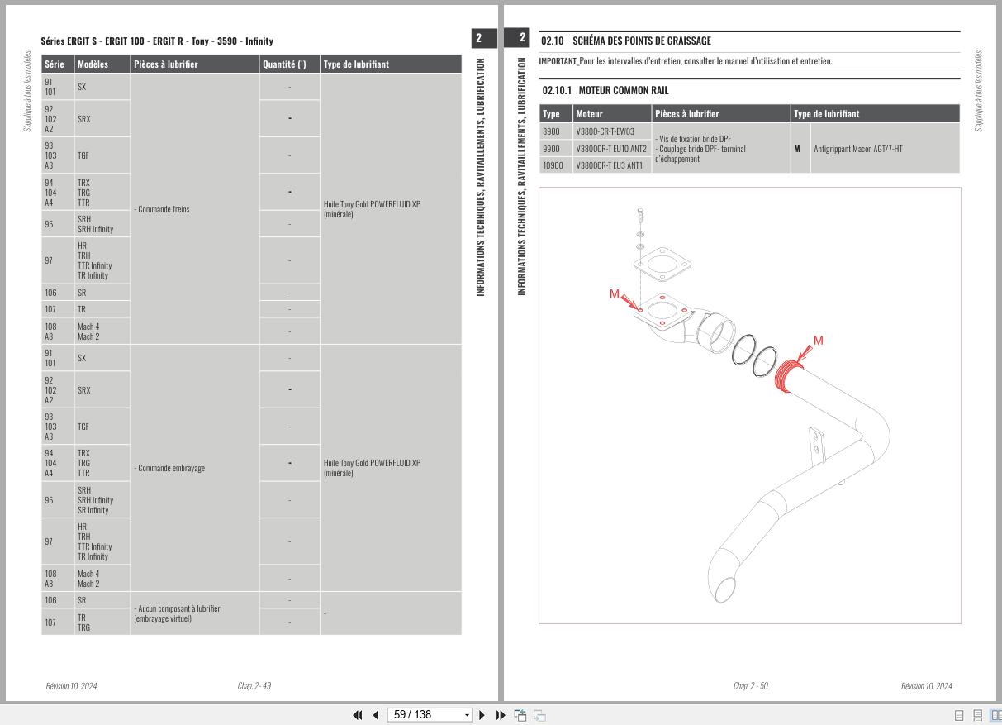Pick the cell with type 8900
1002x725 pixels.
tap(551, 131)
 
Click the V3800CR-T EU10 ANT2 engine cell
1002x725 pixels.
tap(611, 149)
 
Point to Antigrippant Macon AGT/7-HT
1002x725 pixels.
tap(857, 149)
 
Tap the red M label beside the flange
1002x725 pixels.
tap(615, 294)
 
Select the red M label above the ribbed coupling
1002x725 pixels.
tap(818, 341)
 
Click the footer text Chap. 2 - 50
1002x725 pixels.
tap(750, 685)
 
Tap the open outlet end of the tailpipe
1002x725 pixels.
tap(724, 589)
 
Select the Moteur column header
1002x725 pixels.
tap(590, 114)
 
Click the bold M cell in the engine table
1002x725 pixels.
tap(797, 149)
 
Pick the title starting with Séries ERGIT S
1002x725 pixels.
tap(157, 41)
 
